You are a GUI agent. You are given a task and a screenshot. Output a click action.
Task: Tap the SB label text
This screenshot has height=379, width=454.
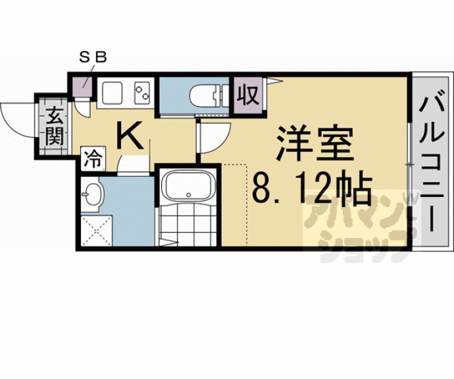point(93,58)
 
